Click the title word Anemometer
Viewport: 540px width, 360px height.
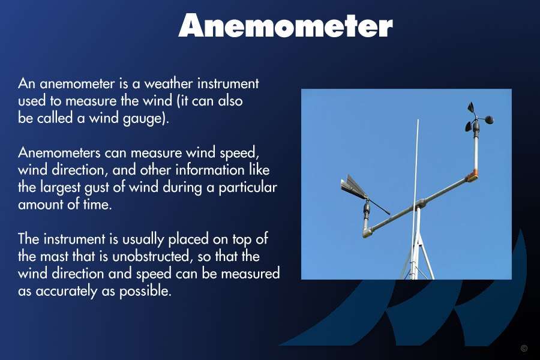coord(286,25)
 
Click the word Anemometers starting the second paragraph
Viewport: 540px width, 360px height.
coord(59,152)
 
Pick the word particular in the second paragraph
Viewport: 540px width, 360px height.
coord(248,187)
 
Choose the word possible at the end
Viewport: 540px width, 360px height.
coord(145,291)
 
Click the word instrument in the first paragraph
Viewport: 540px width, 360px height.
coord(228,83)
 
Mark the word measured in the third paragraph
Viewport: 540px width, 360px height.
coord(250,274)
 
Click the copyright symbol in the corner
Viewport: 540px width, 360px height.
coord(524,348)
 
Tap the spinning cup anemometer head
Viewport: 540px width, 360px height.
coord(476,119)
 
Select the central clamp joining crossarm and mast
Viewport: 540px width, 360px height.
coord(419,203)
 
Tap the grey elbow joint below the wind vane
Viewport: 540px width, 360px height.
coord(367,233)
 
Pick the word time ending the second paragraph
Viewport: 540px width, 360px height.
coord(97,205)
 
